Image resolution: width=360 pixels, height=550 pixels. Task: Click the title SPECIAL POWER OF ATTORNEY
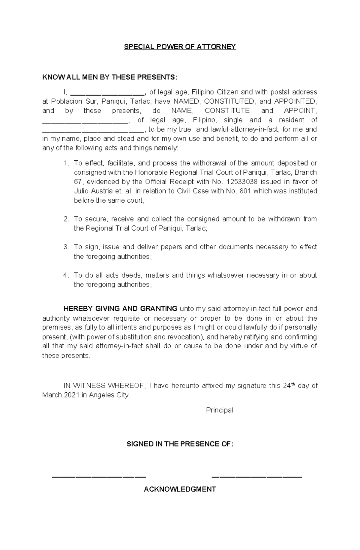point(180,47)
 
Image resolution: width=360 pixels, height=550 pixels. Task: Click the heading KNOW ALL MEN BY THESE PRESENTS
point(110,77)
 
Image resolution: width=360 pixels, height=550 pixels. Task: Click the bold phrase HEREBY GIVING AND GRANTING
point(120,309)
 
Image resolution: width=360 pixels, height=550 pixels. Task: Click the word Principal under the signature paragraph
point(219,410)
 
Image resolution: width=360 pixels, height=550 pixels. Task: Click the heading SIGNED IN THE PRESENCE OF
point(180,444)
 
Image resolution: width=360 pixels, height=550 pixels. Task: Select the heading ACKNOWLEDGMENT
point(180,489)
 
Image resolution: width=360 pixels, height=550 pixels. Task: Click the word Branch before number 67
point(306,173)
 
